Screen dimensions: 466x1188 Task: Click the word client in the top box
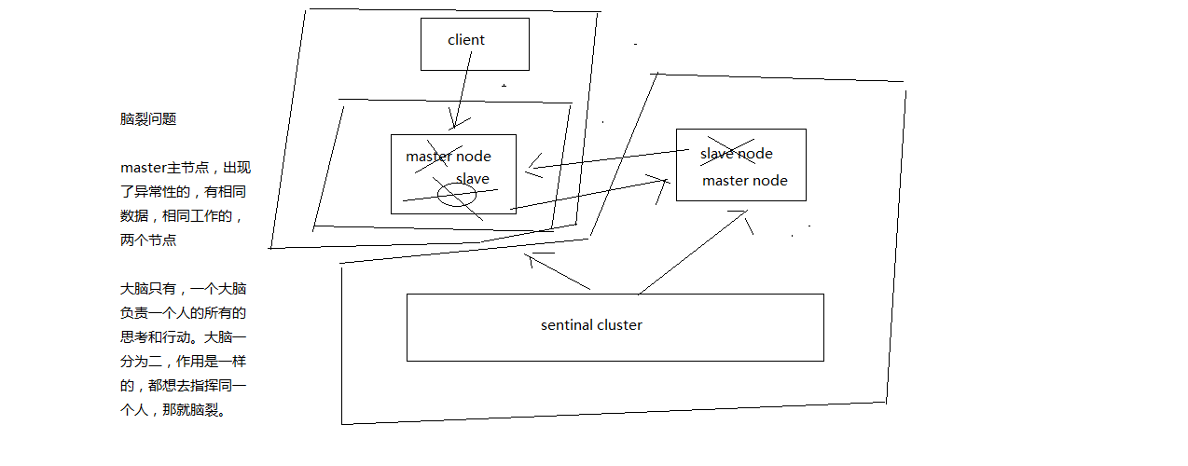(466, 40)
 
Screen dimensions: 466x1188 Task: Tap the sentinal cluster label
(591, 325)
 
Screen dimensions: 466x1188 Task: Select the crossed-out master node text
(448, 157)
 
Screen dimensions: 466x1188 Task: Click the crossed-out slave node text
(736, 154)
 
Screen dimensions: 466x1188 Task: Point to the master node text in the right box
(744, 181)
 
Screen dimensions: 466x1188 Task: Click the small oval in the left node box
(457, 195)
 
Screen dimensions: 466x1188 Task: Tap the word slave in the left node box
(472, 179)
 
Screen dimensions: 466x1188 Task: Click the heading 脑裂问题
(148, 119)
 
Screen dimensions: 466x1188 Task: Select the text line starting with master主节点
(185, 168)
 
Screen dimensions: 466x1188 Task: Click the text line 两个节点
(148, 240)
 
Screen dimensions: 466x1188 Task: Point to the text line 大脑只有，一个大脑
(183, 289)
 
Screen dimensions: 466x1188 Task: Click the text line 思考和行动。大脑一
(183, 337)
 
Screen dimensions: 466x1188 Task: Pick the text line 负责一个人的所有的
(183, 313)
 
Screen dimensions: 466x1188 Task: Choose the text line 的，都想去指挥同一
(183, 386)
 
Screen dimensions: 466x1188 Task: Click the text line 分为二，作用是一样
(183, 362)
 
